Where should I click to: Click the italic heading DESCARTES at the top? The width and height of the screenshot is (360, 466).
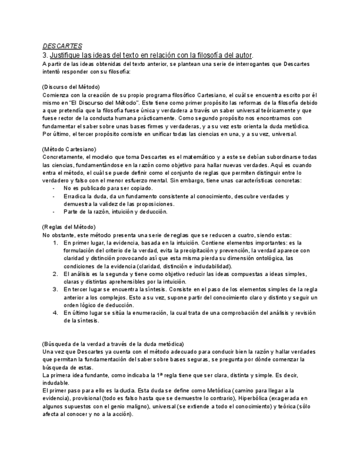pyautogui.click(x=62, y=46)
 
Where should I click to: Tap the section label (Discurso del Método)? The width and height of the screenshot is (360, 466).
pyautogui.click(x=71, y=87)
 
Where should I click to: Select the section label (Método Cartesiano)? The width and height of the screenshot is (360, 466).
pyautogui.click(x=69, y=149)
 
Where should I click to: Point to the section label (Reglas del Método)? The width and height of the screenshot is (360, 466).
pyautogui.click(x=69, y=227)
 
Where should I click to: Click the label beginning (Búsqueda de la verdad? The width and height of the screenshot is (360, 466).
pyautogui.click(x=113, y=343)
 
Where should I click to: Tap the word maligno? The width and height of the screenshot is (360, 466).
pyautogui.click(x=160, y=406)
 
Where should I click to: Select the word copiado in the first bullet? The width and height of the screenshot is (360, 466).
pyautogui.click(x=139, y=188)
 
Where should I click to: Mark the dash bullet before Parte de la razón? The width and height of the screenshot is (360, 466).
pyautogui.click(x=53, y=212)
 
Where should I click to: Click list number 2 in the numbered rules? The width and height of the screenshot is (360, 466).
pyautogui.click(x=56, y=274)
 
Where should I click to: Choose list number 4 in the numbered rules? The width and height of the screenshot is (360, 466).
pyautogui.click(x=56, y=313)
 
